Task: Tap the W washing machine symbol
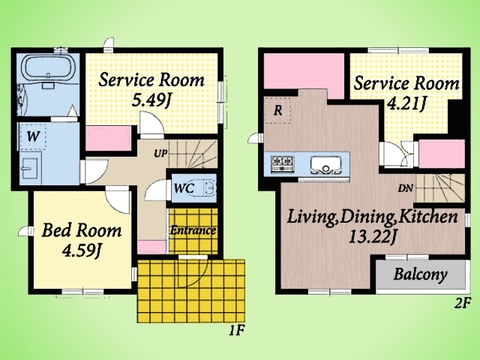tap(33, 136)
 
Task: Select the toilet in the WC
tap(207, 188)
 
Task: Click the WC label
tap(184, 188)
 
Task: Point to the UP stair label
tap(160, 154)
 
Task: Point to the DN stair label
tap(405, 189)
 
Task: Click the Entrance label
tap(193, 230)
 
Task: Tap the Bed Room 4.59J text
tap(82, 240)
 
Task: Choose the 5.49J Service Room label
tap(151, 89)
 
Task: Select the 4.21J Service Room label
tap(406, 92)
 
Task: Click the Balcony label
tap(420, 275)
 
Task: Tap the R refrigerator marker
tap(278, 110)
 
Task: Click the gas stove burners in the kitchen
tap(283, 163)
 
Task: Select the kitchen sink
tap(326, 165)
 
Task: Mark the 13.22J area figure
tap(372, 238)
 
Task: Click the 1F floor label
tap(237, 330)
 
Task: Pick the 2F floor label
tap(462, 303)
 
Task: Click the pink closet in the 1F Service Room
tap(108, 138)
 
